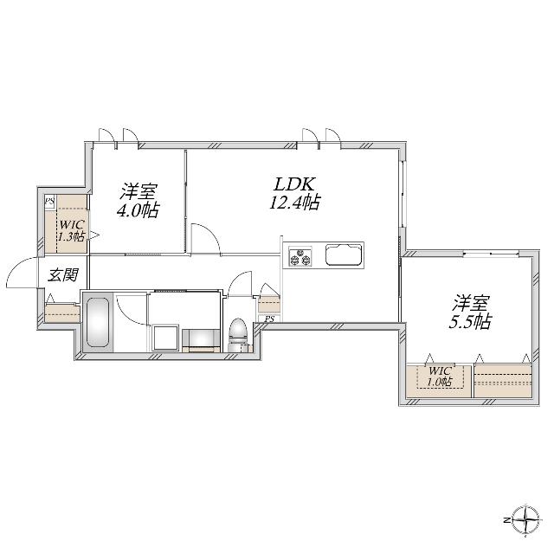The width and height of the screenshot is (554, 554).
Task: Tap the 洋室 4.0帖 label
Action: tap(138, 200)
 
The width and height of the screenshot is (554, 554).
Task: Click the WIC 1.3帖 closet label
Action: tap(71, 229)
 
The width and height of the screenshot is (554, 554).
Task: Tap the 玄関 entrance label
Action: tap(62, 275)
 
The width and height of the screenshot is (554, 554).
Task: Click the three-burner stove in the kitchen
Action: tap(300, 257)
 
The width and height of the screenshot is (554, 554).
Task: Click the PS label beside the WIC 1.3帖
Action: tap(50, 203)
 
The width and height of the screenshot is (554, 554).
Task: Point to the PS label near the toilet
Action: tap(269, 319)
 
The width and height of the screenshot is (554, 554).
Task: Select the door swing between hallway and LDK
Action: tap(206, 235)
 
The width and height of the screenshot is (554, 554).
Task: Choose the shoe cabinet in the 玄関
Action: tap(62, 312)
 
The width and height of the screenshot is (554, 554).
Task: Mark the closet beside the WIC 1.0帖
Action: tap(502, 379)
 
